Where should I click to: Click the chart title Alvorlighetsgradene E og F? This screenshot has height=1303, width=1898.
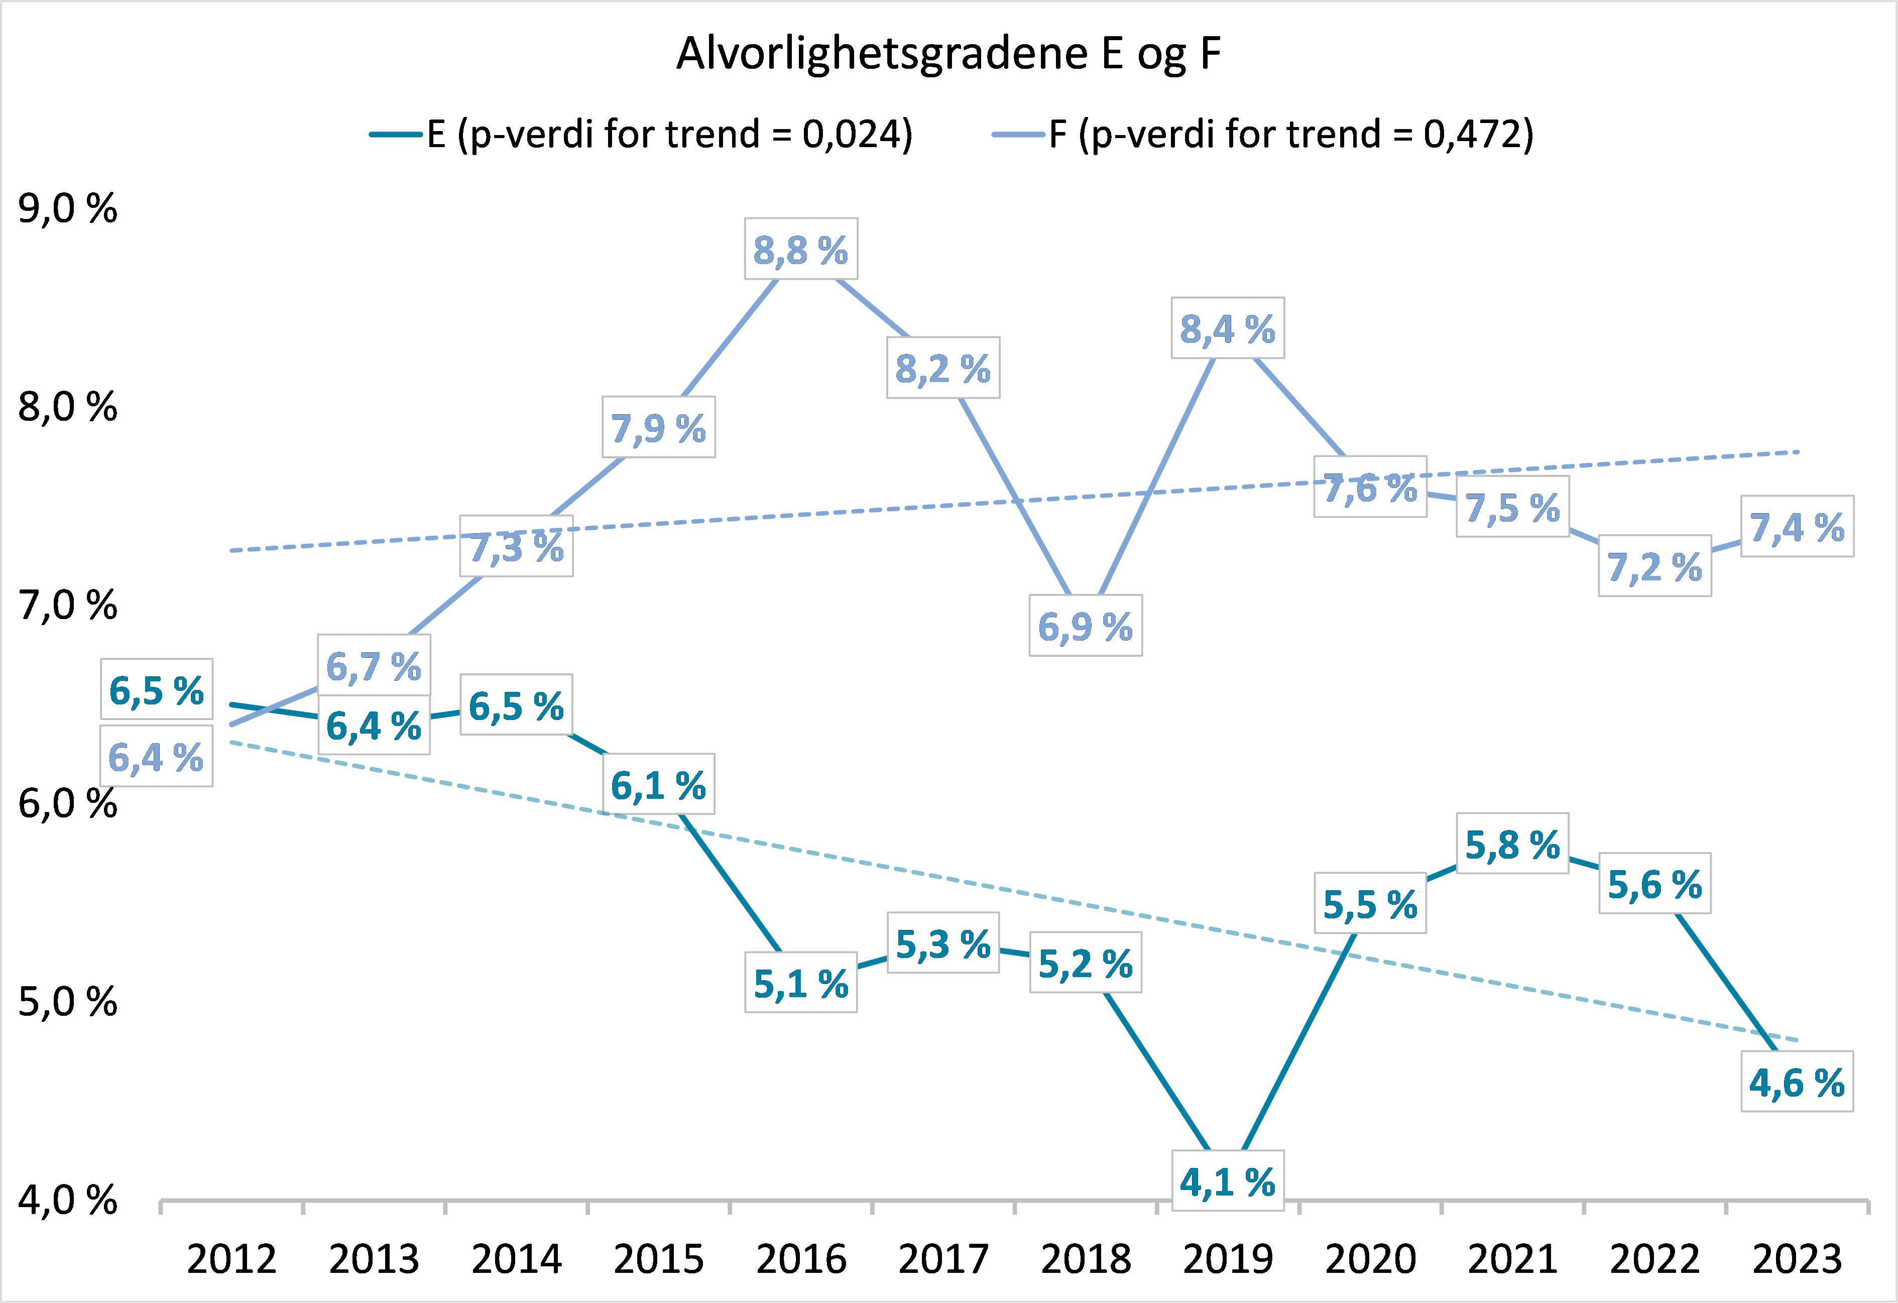(948, 55)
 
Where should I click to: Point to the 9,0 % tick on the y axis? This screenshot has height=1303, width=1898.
(68, 209)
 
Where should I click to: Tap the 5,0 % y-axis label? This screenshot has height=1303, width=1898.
(68, 1002)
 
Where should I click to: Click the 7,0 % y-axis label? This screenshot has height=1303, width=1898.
(68, 606)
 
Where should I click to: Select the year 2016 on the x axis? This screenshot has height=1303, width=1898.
(801, 1259)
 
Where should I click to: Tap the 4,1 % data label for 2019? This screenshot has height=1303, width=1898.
(1228, 1182)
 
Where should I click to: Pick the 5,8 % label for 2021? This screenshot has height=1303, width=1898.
(1512, 845)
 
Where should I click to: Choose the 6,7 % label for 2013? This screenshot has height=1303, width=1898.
(373, 666)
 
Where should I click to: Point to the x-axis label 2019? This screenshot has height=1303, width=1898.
(1228, 1259)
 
